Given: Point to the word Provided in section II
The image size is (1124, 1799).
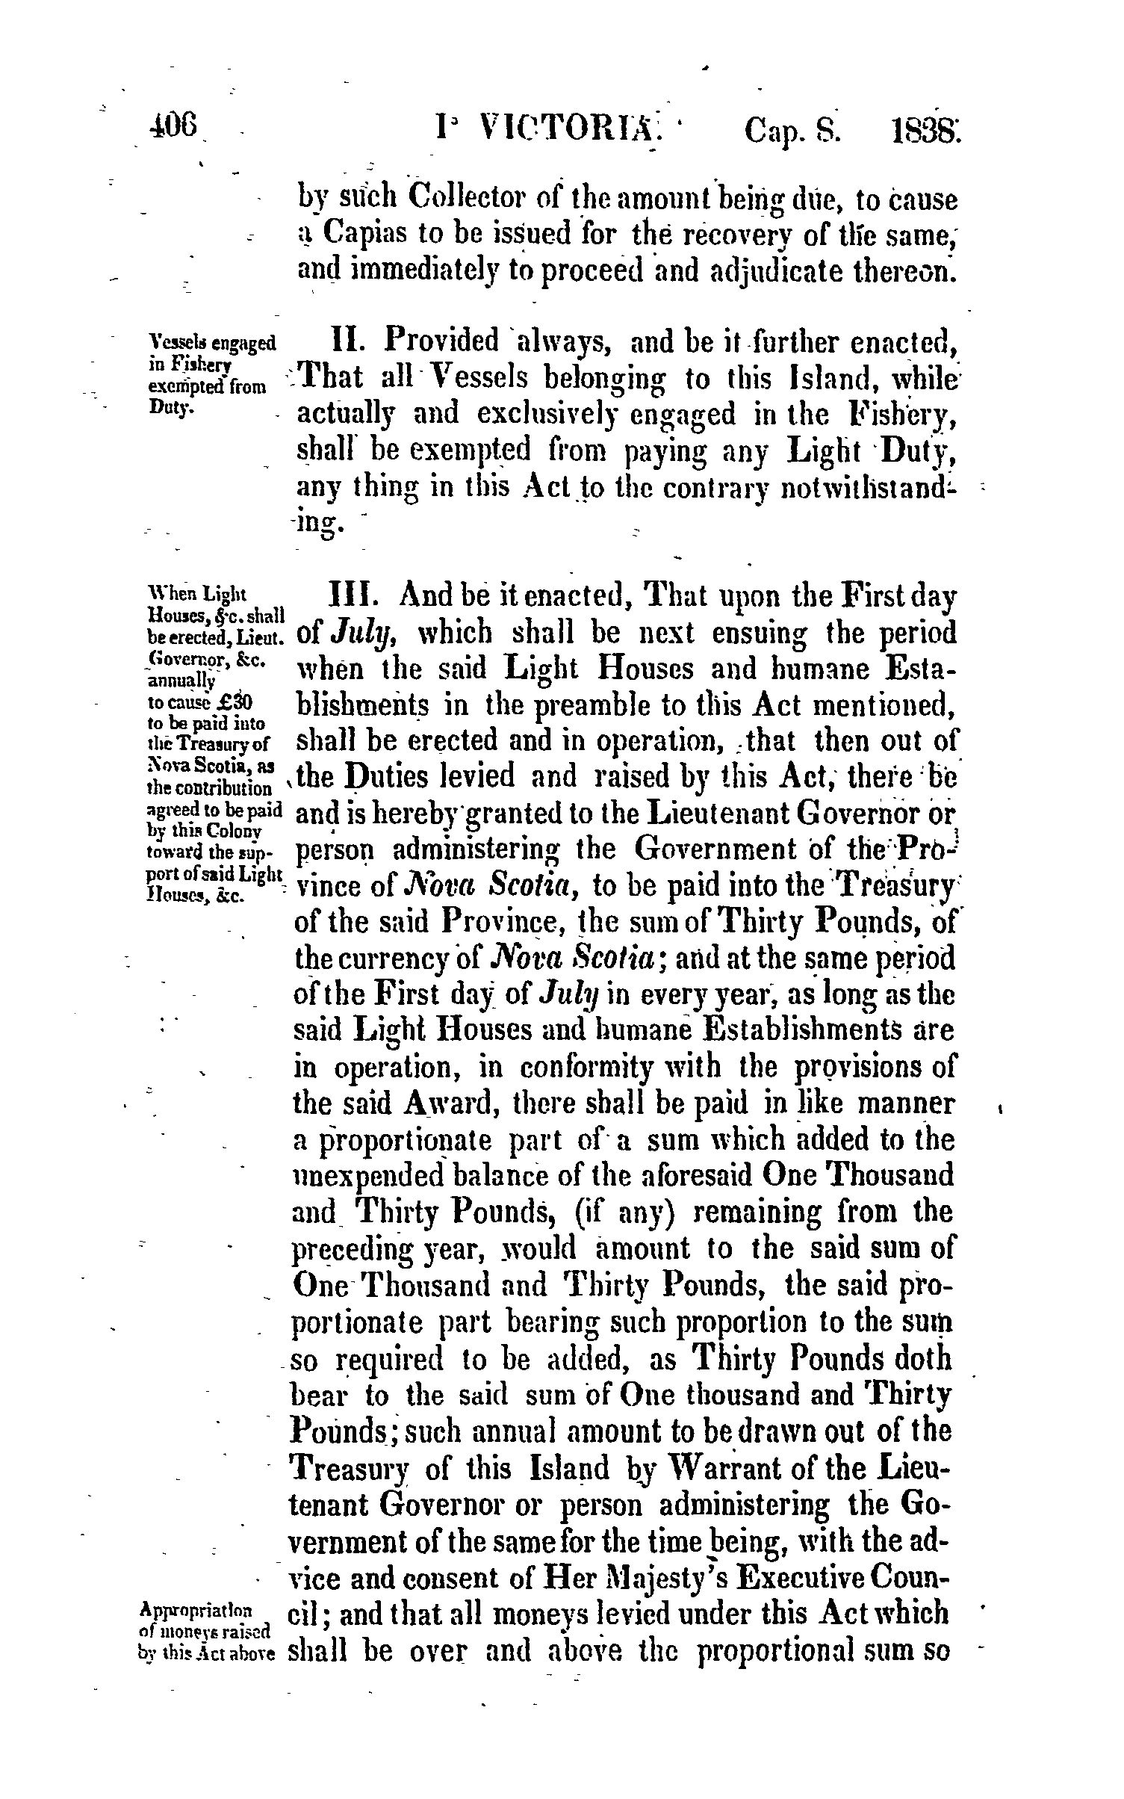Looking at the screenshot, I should click(441, 342).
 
